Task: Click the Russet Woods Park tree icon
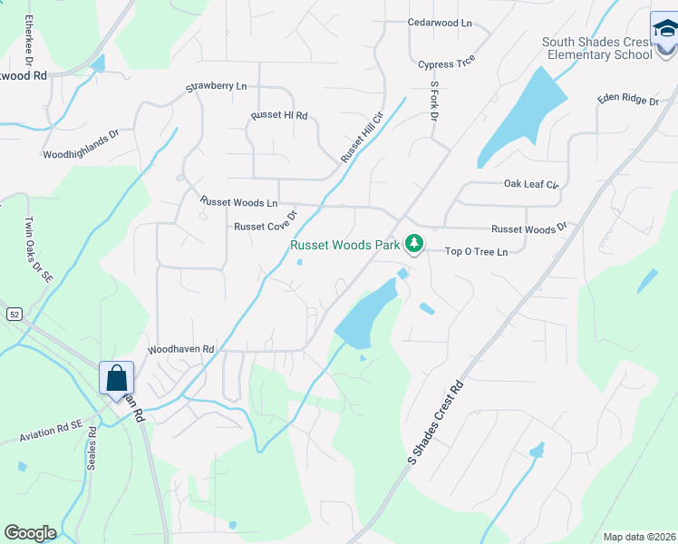(414, 244)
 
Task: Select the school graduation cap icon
(664, 31)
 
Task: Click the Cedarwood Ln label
(441, 22)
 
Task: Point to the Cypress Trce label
(447, 64)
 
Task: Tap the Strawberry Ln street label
(217, 87)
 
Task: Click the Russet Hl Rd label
(279, 116)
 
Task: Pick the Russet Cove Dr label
(266, 222)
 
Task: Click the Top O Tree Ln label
(476, 251)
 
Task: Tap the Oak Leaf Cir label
(532, 184)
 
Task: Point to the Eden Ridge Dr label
(627, 101)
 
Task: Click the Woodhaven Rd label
(181, 348)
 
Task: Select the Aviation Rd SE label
(51, 431)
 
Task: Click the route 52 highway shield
(15, 314)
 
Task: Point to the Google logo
(30, 533)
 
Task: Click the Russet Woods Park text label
(344, 245)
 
